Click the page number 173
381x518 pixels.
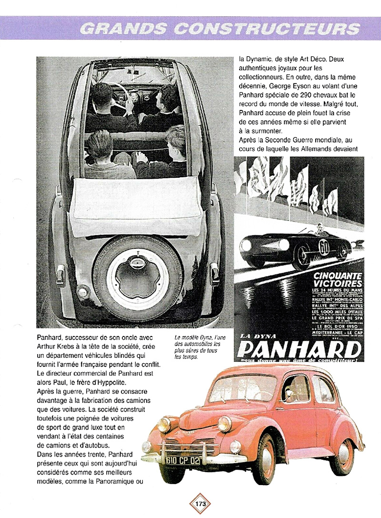(201, 504)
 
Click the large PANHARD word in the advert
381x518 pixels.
(299, 351)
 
